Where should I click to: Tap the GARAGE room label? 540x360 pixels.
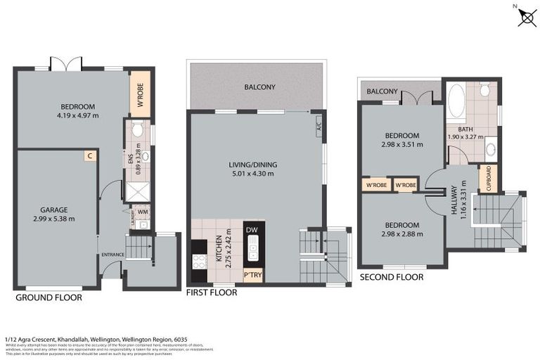coord(53,210)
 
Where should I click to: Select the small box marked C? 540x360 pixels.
coord(90,156)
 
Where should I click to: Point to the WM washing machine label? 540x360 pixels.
coord(143,211)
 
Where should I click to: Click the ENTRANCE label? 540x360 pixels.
coord(112,255)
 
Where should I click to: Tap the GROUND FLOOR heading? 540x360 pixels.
coord(49,297)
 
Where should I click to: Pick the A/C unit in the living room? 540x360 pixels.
coord(318,127)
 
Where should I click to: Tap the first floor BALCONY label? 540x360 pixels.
coord(259,87)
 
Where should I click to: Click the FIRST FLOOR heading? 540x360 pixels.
coord(211,292)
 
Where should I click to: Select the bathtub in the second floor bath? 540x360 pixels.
coord(456,101)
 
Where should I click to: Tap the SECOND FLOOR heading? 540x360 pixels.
coord(392,277)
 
